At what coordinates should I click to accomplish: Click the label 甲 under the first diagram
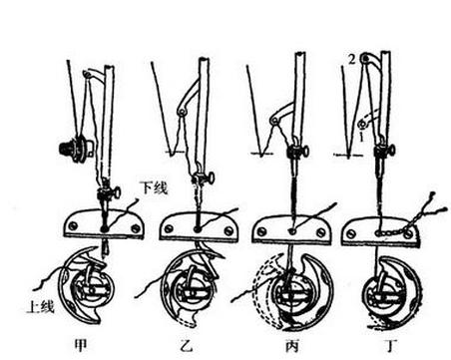[x=81, y=345]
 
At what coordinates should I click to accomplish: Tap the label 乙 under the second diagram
[x=186, y=346]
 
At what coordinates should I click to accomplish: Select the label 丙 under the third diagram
[x=291, y=346]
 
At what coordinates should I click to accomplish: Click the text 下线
[x=153, y=188]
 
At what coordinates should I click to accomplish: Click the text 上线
[x=40, y=307]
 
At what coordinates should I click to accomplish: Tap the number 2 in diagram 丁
[x=352, y=60]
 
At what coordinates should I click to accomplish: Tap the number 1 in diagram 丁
[x=361, y=138]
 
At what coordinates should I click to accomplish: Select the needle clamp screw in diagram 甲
[x=117, y=192]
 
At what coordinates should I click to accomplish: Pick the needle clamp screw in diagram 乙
[x=211, y=180]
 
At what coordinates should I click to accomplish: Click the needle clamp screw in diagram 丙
[x=304, y=152]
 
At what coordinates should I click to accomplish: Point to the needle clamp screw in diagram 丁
[x=391, y=151]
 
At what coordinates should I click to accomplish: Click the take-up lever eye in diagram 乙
[x=181, y=113]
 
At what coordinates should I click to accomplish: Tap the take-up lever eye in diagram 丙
[x=274, y=121]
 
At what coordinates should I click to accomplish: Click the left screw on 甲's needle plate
[x=74, y=225]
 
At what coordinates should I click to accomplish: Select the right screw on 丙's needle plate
[x=320, y=232]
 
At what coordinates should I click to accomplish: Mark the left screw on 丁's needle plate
[x=350, y=233]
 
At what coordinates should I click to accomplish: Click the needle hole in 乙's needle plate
[x=198, y=229]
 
